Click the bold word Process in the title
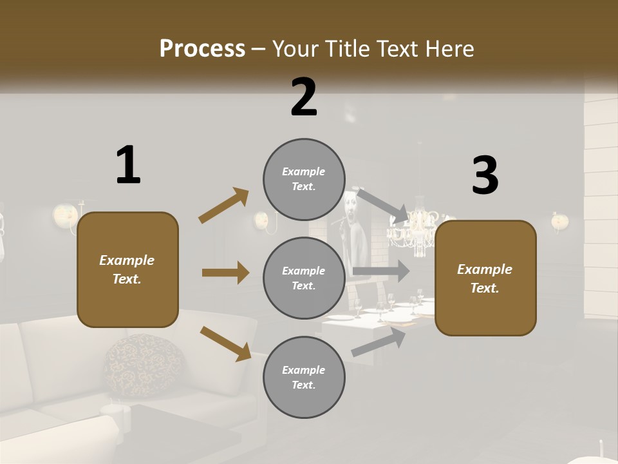click(202, 48)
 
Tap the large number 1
click(128, 165)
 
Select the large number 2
click(304, 97)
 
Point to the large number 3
click(485, 176)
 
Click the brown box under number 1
click(127, 269)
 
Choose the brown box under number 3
click(485, 278)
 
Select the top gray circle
click(304, 179)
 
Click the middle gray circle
click(304, 278)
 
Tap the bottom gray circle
click(304, 377)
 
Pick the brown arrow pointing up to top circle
click(224, 206)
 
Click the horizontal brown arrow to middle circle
click(225, 273)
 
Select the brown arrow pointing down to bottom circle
click(225, 343)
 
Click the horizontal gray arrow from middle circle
click(380, 271)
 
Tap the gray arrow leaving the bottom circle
click(379, 341)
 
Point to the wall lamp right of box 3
click(559, 222)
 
